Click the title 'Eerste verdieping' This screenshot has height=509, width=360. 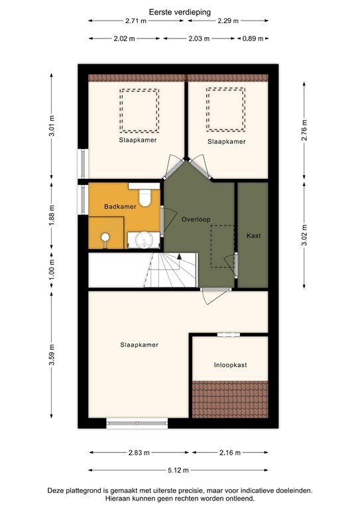(179, 11)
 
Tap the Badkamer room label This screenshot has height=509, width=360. (120, 207)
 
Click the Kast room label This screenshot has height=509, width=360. (253, 235)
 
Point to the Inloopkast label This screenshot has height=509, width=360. (230, 365)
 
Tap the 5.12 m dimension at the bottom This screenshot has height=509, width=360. (179, 470)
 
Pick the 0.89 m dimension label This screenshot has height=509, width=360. (253, 38)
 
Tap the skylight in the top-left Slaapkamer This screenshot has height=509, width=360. (139, 110)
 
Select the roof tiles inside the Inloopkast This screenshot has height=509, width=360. (230, 399)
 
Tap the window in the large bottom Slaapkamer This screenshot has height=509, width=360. (137, 422)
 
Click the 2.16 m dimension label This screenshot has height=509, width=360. (229, 453)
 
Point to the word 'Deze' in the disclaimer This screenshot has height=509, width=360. (56, 491)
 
